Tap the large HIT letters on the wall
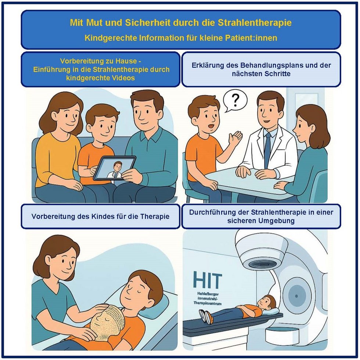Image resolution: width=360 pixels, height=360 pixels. pos(208,280)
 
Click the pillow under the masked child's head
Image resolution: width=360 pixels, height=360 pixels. pos(158,303)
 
